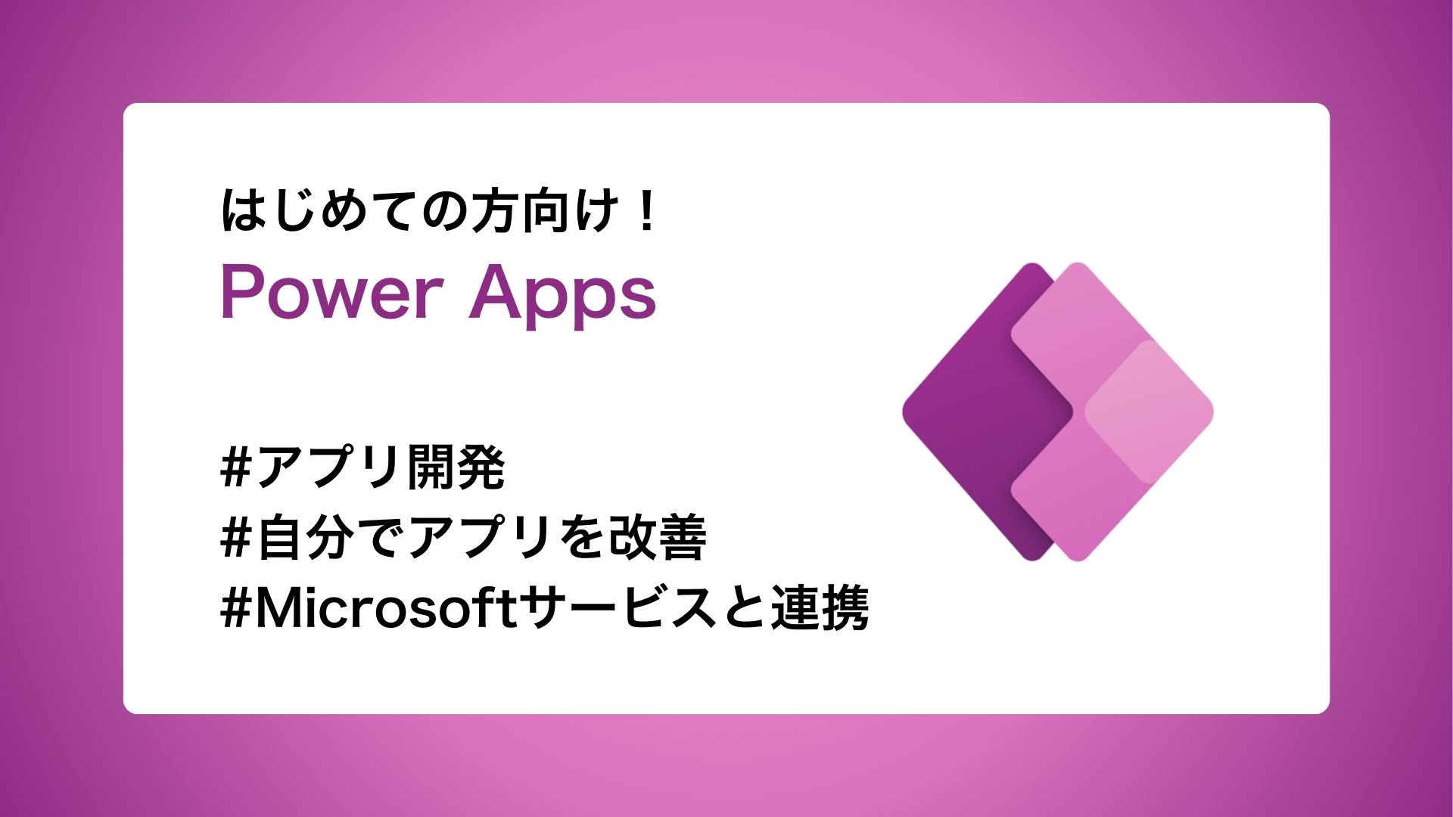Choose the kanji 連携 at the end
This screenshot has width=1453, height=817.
pos(820,608)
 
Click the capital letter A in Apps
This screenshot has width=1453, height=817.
pos(493,293)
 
